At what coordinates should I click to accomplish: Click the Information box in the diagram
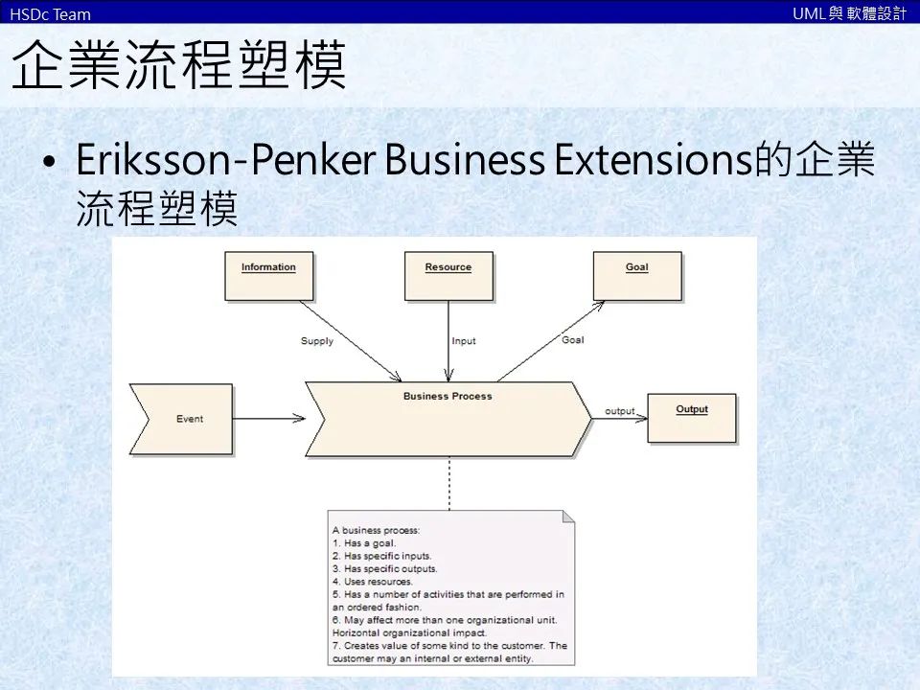pos(268,276)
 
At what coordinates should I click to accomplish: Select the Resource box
pos(448,276)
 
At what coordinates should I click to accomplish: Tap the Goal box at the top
pos(637,276)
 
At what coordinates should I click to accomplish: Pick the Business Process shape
pos(448,419)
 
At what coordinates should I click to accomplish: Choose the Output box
pos(692,418)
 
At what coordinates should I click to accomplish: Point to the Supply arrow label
pos(317,341)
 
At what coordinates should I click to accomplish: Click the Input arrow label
pos(464,341)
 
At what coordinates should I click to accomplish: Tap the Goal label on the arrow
pos(573,340)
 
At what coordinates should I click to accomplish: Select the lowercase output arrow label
pos(620,411)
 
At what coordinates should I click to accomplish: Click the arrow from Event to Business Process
pos(268,418)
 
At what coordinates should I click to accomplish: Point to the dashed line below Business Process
pos(448,483)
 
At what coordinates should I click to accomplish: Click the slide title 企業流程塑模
pos(178,65)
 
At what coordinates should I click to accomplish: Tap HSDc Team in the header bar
pos(50,13)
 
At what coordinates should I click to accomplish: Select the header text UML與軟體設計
pos(849,13)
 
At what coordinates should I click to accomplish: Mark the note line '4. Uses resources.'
pos(373,581)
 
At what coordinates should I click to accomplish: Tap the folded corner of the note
pos(568,517)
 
